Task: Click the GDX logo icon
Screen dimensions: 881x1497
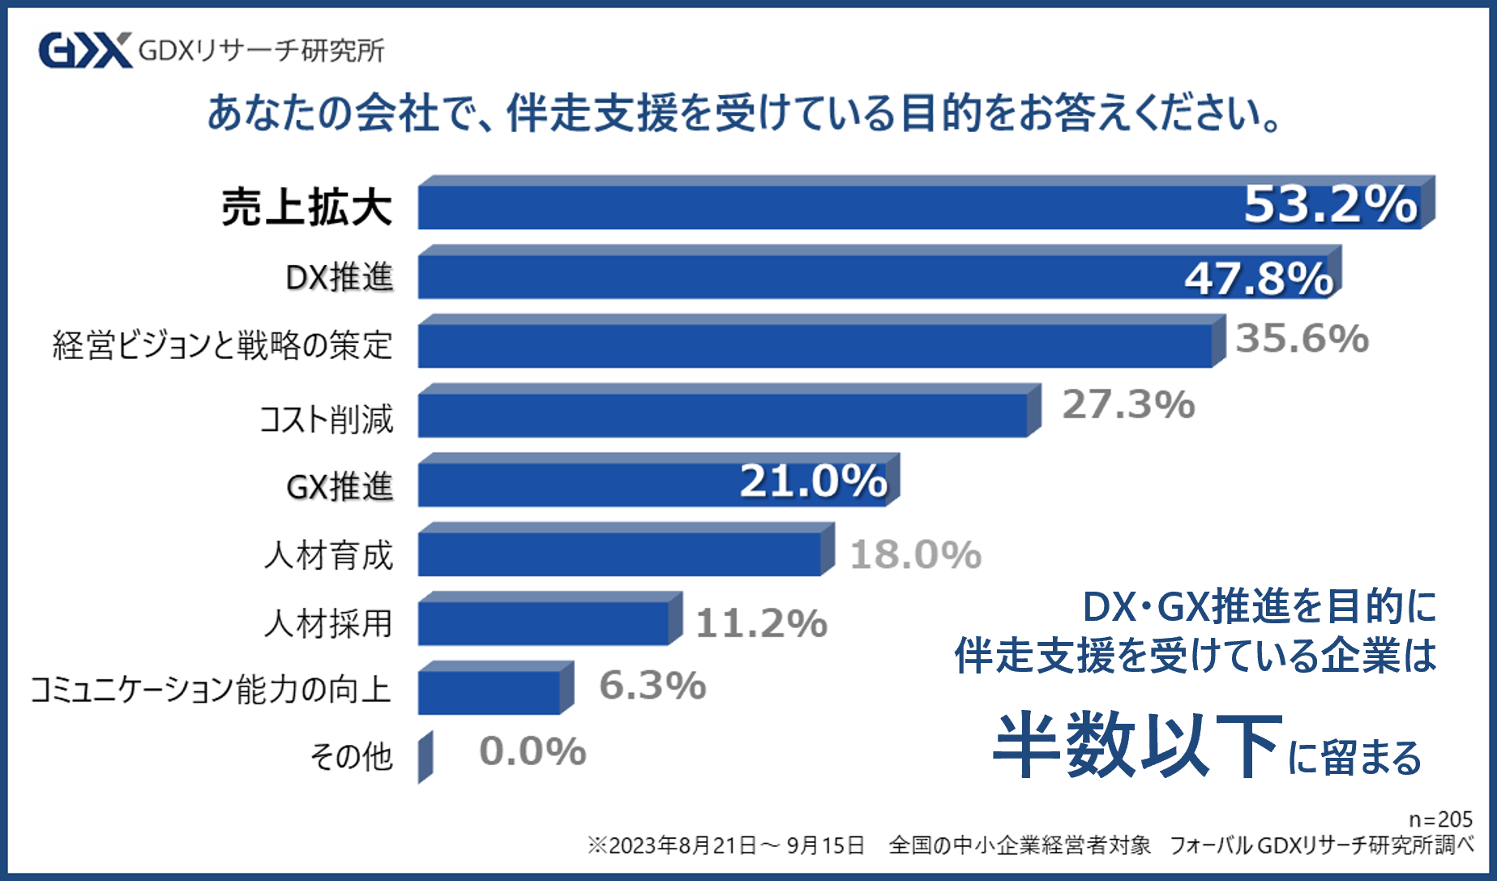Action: (85, 50)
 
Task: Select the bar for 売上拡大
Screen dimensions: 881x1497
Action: (827, 207)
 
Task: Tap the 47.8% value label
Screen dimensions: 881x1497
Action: (1258, 279)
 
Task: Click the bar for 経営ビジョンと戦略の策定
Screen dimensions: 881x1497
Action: (815, 345)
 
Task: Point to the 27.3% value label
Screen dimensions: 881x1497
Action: (1128, 404)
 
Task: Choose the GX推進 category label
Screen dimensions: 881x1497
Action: (340, 487)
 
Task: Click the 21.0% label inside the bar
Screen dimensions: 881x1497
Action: (813, 481)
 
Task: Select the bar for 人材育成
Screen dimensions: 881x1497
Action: (620, 554)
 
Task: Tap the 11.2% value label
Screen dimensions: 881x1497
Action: (761, 623)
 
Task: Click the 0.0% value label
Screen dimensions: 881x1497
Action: (533, 751)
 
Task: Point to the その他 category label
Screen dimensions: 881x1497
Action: (352, 756)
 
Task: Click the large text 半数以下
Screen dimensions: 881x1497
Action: (1137, 745)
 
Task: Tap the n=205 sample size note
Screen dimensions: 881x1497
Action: (1439, 819)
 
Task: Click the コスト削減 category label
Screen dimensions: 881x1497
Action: (327, 419)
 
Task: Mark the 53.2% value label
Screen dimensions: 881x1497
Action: (1330, 204)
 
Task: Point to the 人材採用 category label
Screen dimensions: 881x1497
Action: (328, 623)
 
